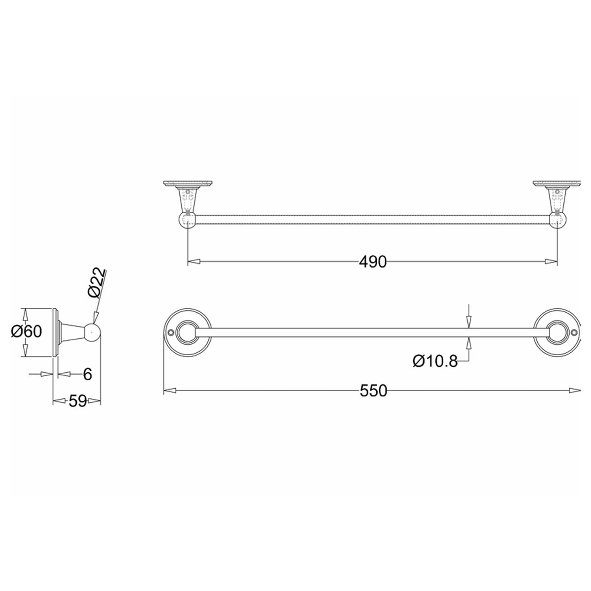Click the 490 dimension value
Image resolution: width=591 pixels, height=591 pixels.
[372, 262]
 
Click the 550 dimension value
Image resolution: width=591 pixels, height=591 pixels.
[373, 391]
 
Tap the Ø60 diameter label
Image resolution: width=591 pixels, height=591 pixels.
[27, 332]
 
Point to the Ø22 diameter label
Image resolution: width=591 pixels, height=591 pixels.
[97, 283]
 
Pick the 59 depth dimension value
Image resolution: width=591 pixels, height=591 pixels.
[77, 401]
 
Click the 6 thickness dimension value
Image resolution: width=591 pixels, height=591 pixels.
[87, 374]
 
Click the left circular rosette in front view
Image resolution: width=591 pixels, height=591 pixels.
[187, 332]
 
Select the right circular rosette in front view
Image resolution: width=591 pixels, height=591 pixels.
[557, 332]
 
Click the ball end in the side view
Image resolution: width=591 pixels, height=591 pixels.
[92, 332]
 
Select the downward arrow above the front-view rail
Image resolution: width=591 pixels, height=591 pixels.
[469, 322]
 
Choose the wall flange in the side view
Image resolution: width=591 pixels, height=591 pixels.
[55, 332]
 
